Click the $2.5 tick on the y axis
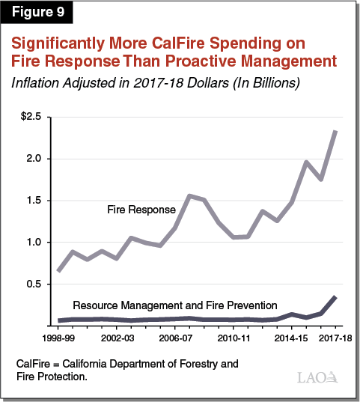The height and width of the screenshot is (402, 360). point(31,117)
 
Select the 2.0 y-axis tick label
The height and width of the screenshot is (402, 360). point(34,159)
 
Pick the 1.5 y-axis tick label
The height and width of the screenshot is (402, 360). point(34,201)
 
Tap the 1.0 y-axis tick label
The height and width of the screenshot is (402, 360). point(34,243)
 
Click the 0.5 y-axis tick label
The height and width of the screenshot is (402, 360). point(34,284)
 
